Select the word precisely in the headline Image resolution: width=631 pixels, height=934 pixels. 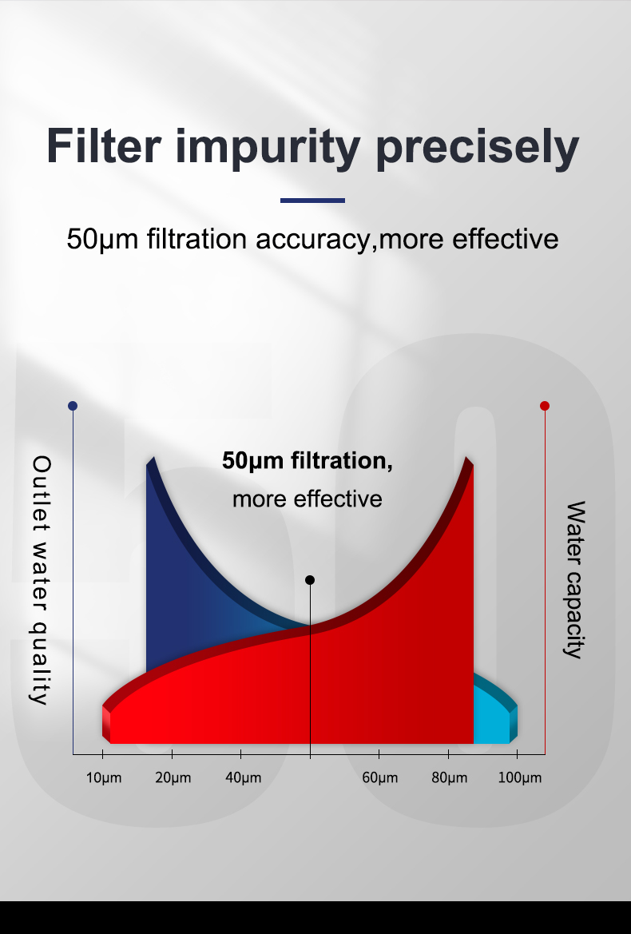(478, 148)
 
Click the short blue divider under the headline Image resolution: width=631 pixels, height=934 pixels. (312, 201)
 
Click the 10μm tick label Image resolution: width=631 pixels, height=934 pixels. (104, 778)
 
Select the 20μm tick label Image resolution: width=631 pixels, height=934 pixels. (173, 778)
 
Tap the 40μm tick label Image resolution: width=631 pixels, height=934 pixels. (242, 778)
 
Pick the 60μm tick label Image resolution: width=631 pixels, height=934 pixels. (379, 778)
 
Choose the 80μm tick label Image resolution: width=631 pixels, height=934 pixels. (449, 778)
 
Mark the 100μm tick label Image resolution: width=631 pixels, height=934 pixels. (519, 778)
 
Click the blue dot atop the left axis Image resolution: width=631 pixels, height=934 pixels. (73, 406)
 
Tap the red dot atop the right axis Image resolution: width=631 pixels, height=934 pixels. (545, 406)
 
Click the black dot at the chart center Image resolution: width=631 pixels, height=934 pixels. (310, 580)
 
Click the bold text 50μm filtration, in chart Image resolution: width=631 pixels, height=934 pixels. (308, 461)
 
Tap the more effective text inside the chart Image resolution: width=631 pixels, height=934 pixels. (308, 499)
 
